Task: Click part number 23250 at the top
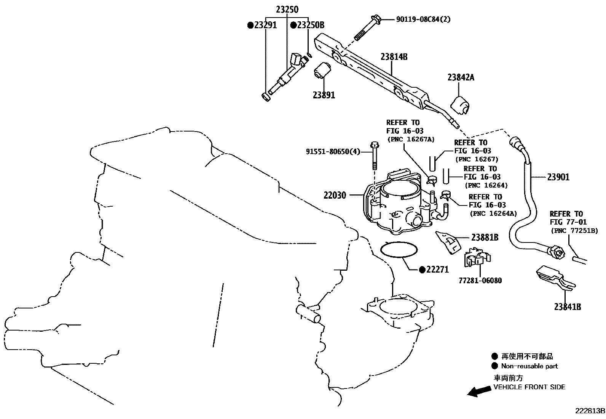tap(287, 10)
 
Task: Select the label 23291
tap(265, 25)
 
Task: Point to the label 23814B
tap(394, 57)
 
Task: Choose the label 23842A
tap(461, 77)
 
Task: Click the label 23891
tap(324, 95)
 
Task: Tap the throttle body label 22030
tap(335, 195)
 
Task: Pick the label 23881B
tap(485, 238)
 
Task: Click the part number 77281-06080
tap(480, 281)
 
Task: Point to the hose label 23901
tap(558, 177)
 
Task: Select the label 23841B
tap(567, 307)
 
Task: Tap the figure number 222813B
tap(590, 411)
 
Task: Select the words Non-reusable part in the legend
tap(529, 366)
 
